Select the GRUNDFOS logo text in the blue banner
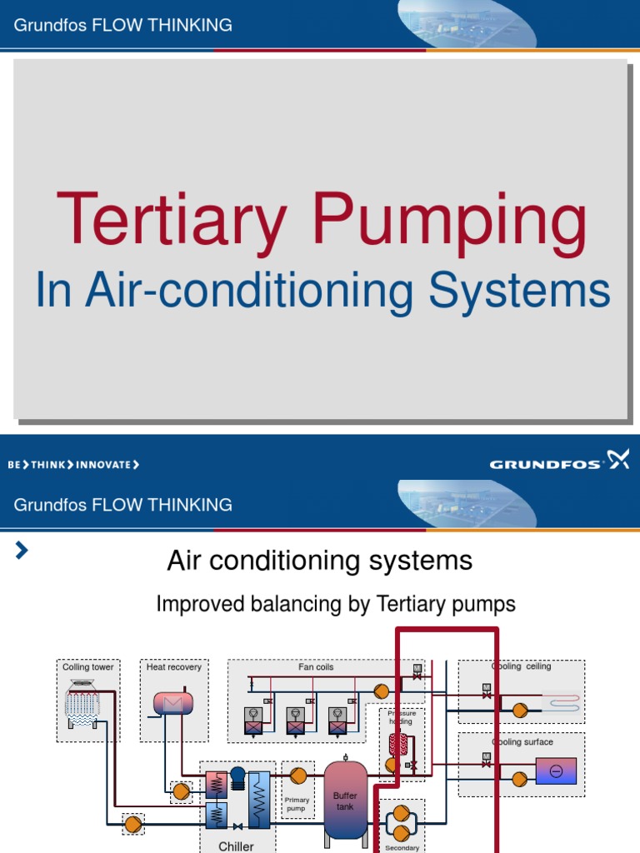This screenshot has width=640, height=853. [545, 464]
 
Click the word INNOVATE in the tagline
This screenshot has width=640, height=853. [103, 465]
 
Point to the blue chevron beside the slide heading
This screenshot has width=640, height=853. [22, 550]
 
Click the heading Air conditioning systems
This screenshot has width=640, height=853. [319, 561]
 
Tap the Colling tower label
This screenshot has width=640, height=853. [87, 667]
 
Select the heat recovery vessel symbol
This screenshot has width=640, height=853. [172, 704]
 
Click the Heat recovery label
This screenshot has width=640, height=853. [173, 667]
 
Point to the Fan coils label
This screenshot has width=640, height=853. [316, 667]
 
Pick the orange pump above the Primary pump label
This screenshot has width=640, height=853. [298, 776]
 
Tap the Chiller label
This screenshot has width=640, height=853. [236, 846]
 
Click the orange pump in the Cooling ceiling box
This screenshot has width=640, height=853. [520, 711]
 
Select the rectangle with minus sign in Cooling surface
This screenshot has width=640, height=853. [556, 771]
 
